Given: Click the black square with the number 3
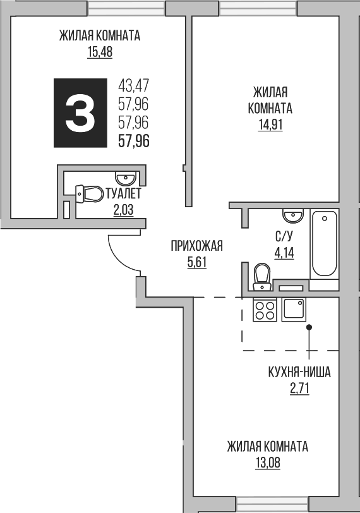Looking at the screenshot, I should (x=80, y=114).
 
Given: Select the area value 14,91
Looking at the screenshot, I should (x=270, y=124).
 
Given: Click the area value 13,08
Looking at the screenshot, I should (x=268, y=463).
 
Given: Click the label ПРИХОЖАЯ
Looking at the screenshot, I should (x=196, y=246).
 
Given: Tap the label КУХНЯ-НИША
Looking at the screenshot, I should (x=299, y=372).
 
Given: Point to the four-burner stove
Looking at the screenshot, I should (x=264, y=310).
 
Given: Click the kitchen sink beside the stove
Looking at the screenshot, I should (x=294, y=310).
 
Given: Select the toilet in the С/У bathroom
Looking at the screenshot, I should (x=261, y=277).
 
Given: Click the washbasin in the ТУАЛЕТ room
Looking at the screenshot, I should (x=124, y=178).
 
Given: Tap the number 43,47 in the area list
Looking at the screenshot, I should (x=133, y=84).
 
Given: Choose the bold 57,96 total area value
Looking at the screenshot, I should (x=134, y=141).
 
